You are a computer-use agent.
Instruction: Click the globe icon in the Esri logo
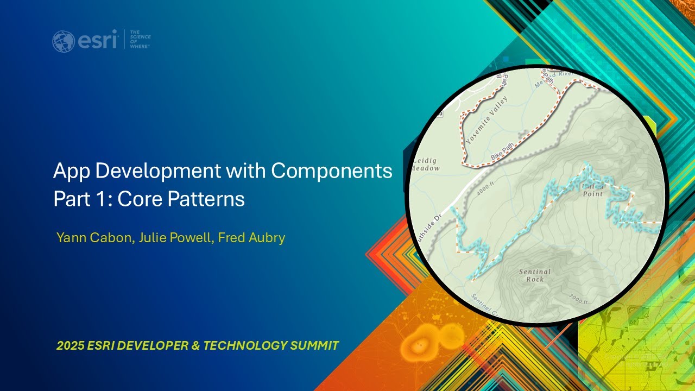tap(64, 41)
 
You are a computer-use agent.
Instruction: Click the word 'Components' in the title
tap(331, 171)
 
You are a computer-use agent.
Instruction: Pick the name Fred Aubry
tap(251, 238)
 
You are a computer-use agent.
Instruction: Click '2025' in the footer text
tap(69, 345)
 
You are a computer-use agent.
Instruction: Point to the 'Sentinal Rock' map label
tap(534, 275)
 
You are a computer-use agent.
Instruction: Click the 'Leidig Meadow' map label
tap(426, 165)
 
